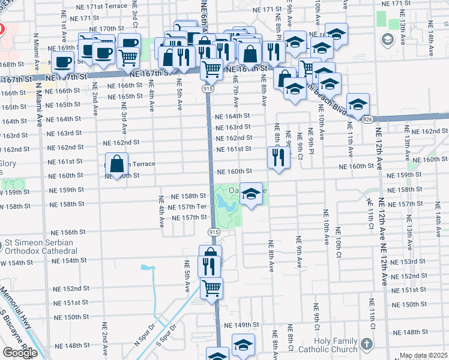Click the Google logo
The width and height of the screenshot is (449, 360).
pyautogui.click(x=20, y=353)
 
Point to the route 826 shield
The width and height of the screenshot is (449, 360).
pyautogui.click(x=367, y=119)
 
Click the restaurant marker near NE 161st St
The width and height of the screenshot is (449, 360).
pyautogui.click(x=277, y=157)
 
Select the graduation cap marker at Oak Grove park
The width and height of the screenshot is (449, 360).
pyautogui.click(x=252, y=193)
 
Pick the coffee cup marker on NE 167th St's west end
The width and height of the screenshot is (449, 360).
pyautogui.click(x=63, y=61)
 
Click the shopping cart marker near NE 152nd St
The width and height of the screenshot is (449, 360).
pyautogui.click(x=211, y=288)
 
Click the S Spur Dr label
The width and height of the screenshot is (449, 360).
pyautogui.click(x=167, y=336)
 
